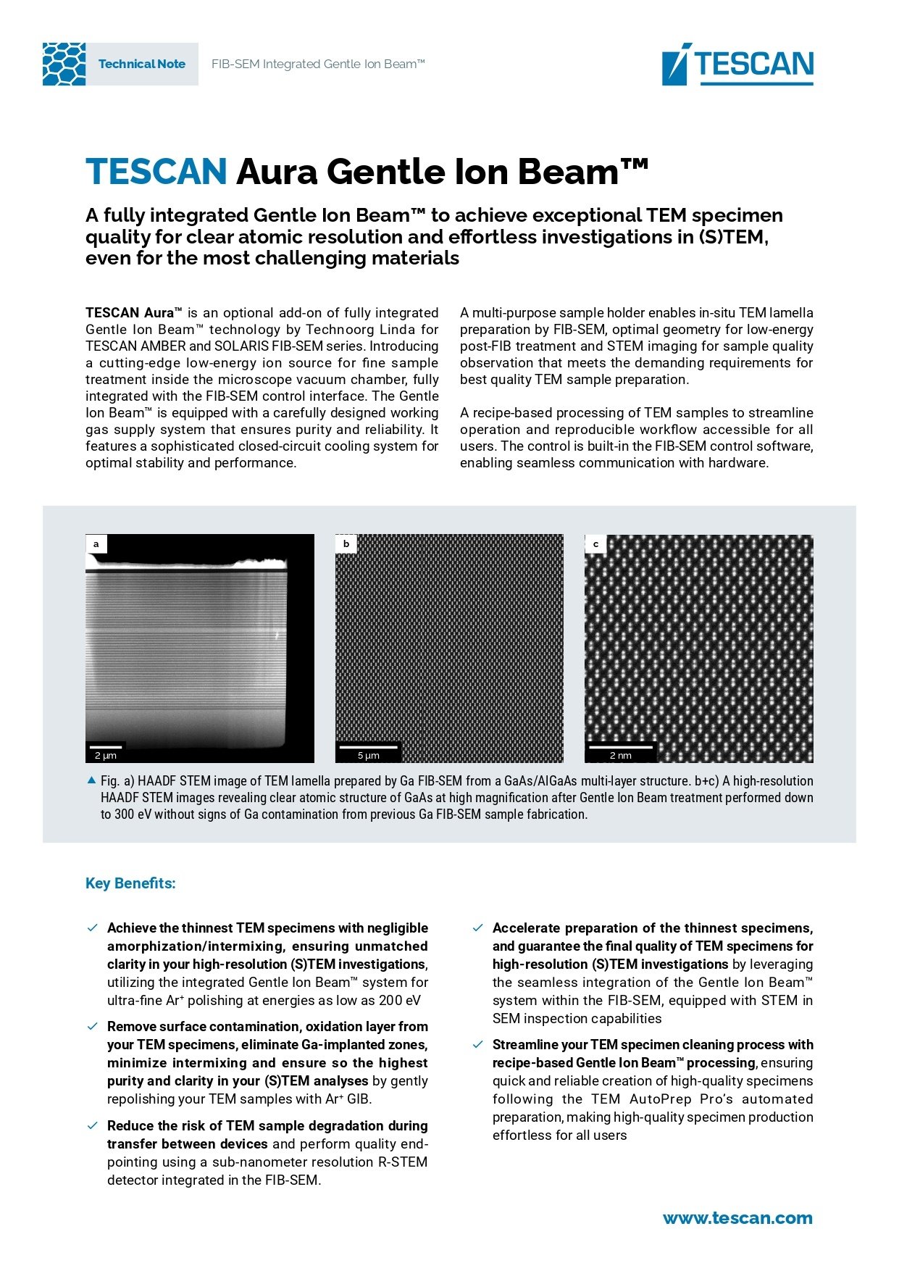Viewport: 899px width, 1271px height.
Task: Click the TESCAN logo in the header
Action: [x=737, y=64]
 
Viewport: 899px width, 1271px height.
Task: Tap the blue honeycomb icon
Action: [x=64, y=64]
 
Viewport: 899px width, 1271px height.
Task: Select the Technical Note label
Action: [x=142, y=64]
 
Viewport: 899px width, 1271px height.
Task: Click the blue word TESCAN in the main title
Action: [x=156, y=172]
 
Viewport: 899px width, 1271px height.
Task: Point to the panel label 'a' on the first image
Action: [x=96, y=543]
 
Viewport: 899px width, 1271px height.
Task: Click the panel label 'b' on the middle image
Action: [x=346, y=543]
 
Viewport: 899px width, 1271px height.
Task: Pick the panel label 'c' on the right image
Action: [x=596, y=543]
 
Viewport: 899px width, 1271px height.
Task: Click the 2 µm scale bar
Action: [x=106, y=751]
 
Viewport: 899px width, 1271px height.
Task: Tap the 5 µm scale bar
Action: [x=369, y=751]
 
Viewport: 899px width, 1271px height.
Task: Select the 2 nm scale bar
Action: [x=621, y=751]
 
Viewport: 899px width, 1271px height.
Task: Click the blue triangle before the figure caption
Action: [x=91, y=780]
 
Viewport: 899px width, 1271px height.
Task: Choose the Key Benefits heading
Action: [x=130, y=883]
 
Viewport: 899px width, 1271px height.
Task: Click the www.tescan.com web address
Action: [x=737, y=1218]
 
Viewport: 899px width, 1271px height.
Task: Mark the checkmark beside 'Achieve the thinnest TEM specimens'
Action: [x=93, y=928]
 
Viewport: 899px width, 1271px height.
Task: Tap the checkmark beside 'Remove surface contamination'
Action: [x=93, y=1027]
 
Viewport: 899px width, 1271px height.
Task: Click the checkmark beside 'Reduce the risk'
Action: [x=93, y=1126]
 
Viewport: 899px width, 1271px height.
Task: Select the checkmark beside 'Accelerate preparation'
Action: [x=478, y=928]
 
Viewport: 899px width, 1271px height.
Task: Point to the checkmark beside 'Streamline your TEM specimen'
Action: [x=478, y=1045]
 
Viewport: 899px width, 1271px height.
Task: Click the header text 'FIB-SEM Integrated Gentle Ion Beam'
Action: [x=318, y=64]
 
